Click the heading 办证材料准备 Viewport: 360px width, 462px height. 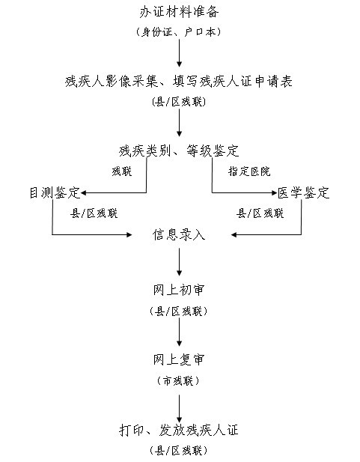[179, 12]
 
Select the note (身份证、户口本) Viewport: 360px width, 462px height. [179, 31]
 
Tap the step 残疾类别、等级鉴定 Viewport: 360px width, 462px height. [179, 151]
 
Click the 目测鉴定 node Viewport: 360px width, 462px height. [55, 192]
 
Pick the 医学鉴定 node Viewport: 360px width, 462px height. [303, 192]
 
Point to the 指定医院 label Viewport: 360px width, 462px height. [249, 171]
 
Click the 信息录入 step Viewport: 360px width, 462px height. [179, 235]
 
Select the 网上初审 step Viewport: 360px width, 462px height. [179, 290]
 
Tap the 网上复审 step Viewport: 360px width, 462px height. [179, 359]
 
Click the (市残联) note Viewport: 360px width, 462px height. [179, 380]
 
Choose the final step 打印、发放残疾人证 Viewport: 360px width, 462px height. [179, 430]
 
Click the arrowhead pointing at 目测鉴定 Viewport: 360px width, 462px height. [83, 193]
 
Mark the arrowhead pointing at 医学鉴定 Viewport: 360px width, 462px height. [274, 193]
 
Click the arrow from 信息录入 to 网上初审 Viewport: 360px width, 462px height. [179, 262]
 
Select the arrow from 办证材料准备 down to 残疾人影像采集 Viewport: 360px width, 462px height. [179, 53]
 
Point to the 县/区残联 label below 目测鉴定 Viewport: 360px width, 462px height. [94, 213]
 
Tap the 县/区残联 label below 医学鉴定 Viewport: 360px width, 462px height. [260, 213]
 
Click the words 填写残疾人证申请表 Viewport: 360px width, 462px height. [233, 82]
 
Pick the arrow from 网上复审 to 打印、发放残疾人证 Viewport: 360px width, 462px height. [179, 409]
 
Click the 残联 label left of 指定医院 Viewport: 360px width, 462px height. [122, 171]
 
